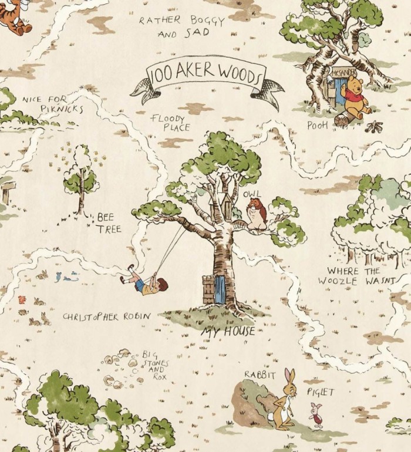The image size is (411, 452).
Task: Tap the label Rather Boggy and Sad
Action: [182, 27]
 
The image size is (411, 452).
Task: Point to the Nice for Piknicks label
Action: [53, 104]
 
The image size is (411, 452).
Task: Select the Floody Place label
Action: [169, 123]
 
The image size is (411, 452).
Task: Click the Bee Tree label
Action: [109, 222]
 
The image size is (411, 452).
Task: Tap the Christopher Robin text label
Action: [107, 316]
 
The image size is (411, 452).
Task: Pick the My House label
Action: [229, 331]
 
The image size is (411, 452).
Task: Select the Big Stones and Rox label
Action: [154, 366]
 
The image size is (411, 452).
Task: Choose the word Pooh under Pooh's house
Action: [317, 126]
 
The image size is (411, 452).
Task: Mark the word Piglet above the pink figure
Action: [321, 392]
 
